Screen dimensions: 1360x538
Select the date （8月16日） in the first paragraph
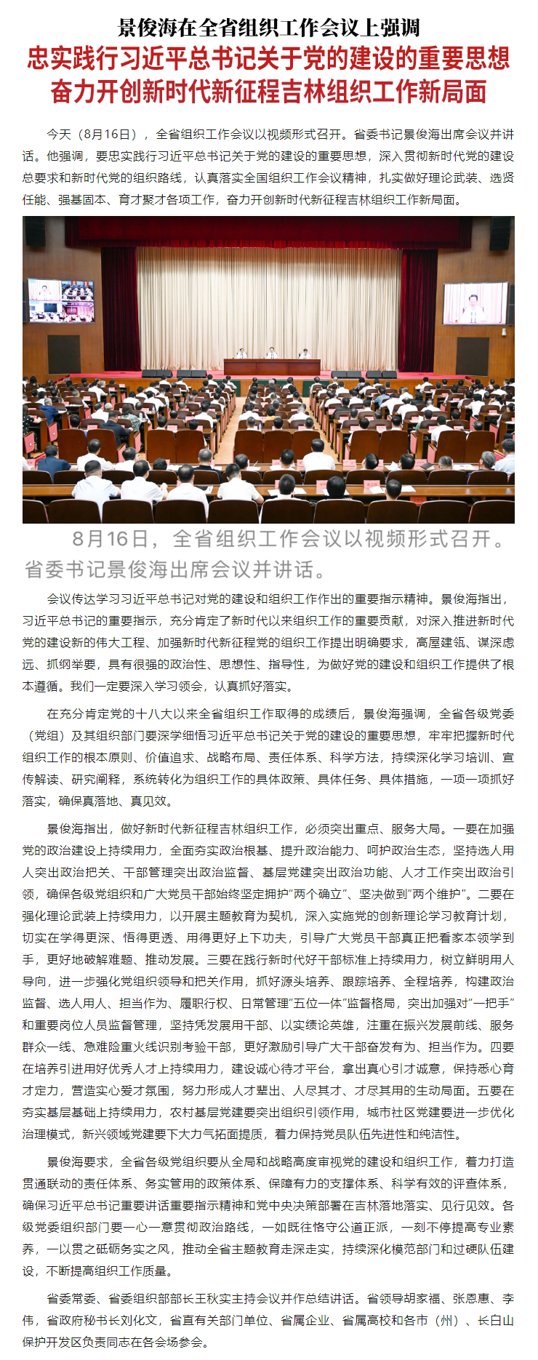[110, 135]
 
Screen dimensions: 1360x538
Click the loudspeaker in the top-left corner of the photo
[36, 232]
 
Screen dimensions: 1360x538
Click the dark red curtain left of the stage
[120, 305]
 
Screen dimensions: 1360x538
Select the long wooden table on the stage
[271, 366]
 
